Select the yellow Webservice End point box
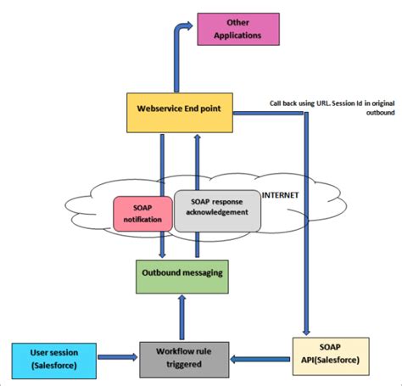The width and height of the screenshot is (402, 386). point(179,109)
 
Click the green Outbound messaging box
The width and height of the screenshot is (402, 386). point(182,274)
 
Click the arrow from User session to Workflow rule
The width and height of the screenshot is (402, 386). point(114,356)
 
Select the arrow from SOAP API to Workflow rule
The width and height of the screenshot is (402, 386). point(259,356)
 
